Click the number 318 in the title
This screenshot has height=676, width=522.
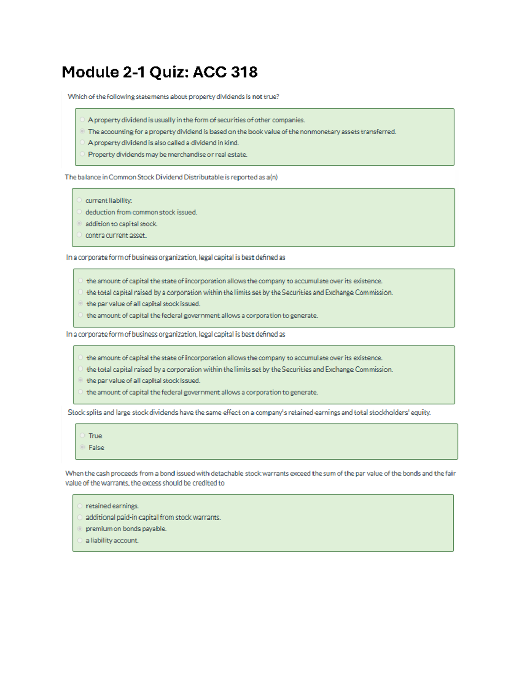pyautogui.click(x=244, y=72)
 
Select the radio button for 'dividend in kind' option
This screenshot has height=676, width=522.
pyautogui.click(x=82, y=142)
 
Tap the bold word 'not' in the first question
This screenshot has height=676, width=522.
pyautogui.click(x=257, y=97)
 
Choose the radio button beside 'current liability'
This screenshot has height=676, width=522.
pyautogui.click(x=79, y=200)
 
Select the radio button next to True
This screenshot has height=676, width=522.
pyautogui.click(x=82, y=435)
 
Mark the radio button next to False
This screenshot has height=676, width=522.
pyautogui.click(x=82, y=447)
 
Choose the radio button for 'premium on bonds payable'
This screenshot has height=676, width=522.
pyautogui.click(x=80, y=529)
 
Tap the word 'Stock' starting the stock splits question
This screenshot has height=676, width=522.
pyautogui.click(x=76, y=412)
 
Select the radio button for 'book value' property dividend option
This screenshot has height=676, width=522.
pyautogui.click(x=82, y=131)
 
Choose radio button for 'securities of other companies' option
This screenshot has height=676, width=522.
pyautogui.click(x=82, y=119)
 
